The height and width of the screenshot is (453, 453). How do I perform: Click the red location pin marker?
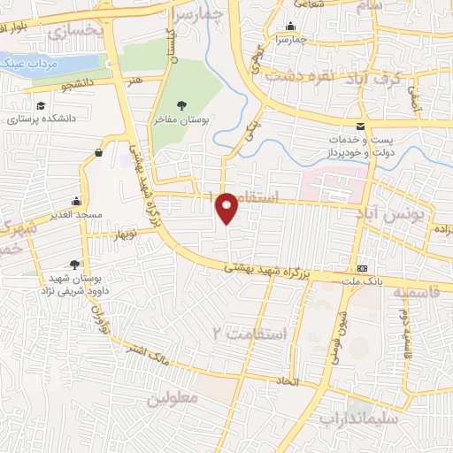click(227, 208)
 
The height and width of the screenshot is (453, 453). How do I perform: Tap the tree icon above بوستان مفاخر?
click(181, 105)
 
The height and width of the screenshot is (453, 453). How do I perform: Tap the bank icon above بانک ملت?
click(362, 268)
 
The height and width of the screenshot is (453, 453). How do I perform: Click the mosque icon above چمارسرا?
click(291, 26)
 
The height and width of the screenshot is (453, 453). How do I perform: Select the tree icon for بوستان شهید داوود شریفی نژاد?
click(74, 264)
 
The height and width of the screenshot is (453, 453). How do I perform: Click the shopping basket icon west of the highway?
click(96, 152)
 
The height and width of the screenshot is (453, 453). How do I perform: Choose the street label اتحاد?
click(288, 382)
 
